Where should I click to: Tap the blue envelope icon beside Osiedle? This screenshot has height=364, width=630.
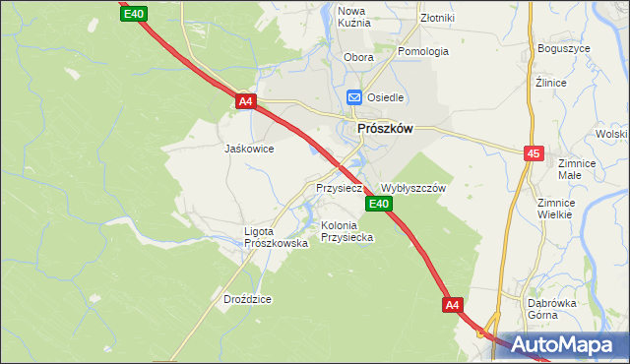pyautogui.click(x=354, y=97)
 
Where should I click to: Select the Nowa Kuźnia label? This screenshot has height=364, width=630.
pyautogui.click(x=353, y=19)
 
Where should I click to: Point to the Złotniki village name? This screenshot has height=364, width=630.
pyautogui.click(x=436, y=18)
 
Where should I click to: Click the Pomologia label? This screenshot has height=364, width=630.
pyautogui.click(x=423, y=51)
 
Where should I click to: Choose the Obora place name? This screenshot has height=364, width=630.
pyautogui.click(x=358, y=57)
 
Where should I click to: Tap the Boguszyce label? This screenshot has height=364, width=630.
pyautogui.click(x=564, y=48)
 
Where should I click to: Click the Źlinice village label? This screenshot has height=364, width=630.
pyautogui.click(x=550, y=83)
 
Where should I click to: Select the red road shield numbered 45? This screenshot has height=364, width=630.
pyautogui.click(x=534, y=153)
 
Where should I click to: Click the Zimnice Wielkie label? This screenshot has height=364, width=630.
pyautogui.click(x=555, y=209)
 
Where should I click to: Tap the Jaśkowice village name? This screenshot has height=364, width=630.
pyautogui.click(x=249, y=150)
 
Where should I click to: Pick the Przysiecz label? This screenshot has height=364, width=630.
pyautogui.click(x=340, y=187)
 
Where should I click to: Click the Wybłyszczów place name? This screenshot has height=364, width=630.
pyautogui.click(x=413, y=188)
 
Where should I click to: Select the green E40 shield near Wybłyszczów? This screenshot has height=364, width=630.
pyautogui.click(x=380, y=204)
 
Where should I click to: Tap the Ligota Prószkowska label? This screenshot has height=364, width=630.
pyautogui.click(x=276, y=237)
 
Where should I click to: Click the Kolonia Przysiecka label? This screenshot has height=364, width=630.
pyautogui.click(x=346, y=231)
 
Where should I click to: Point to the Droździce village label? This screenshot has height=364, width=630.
pyautogui.click(x=246, y=298)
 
